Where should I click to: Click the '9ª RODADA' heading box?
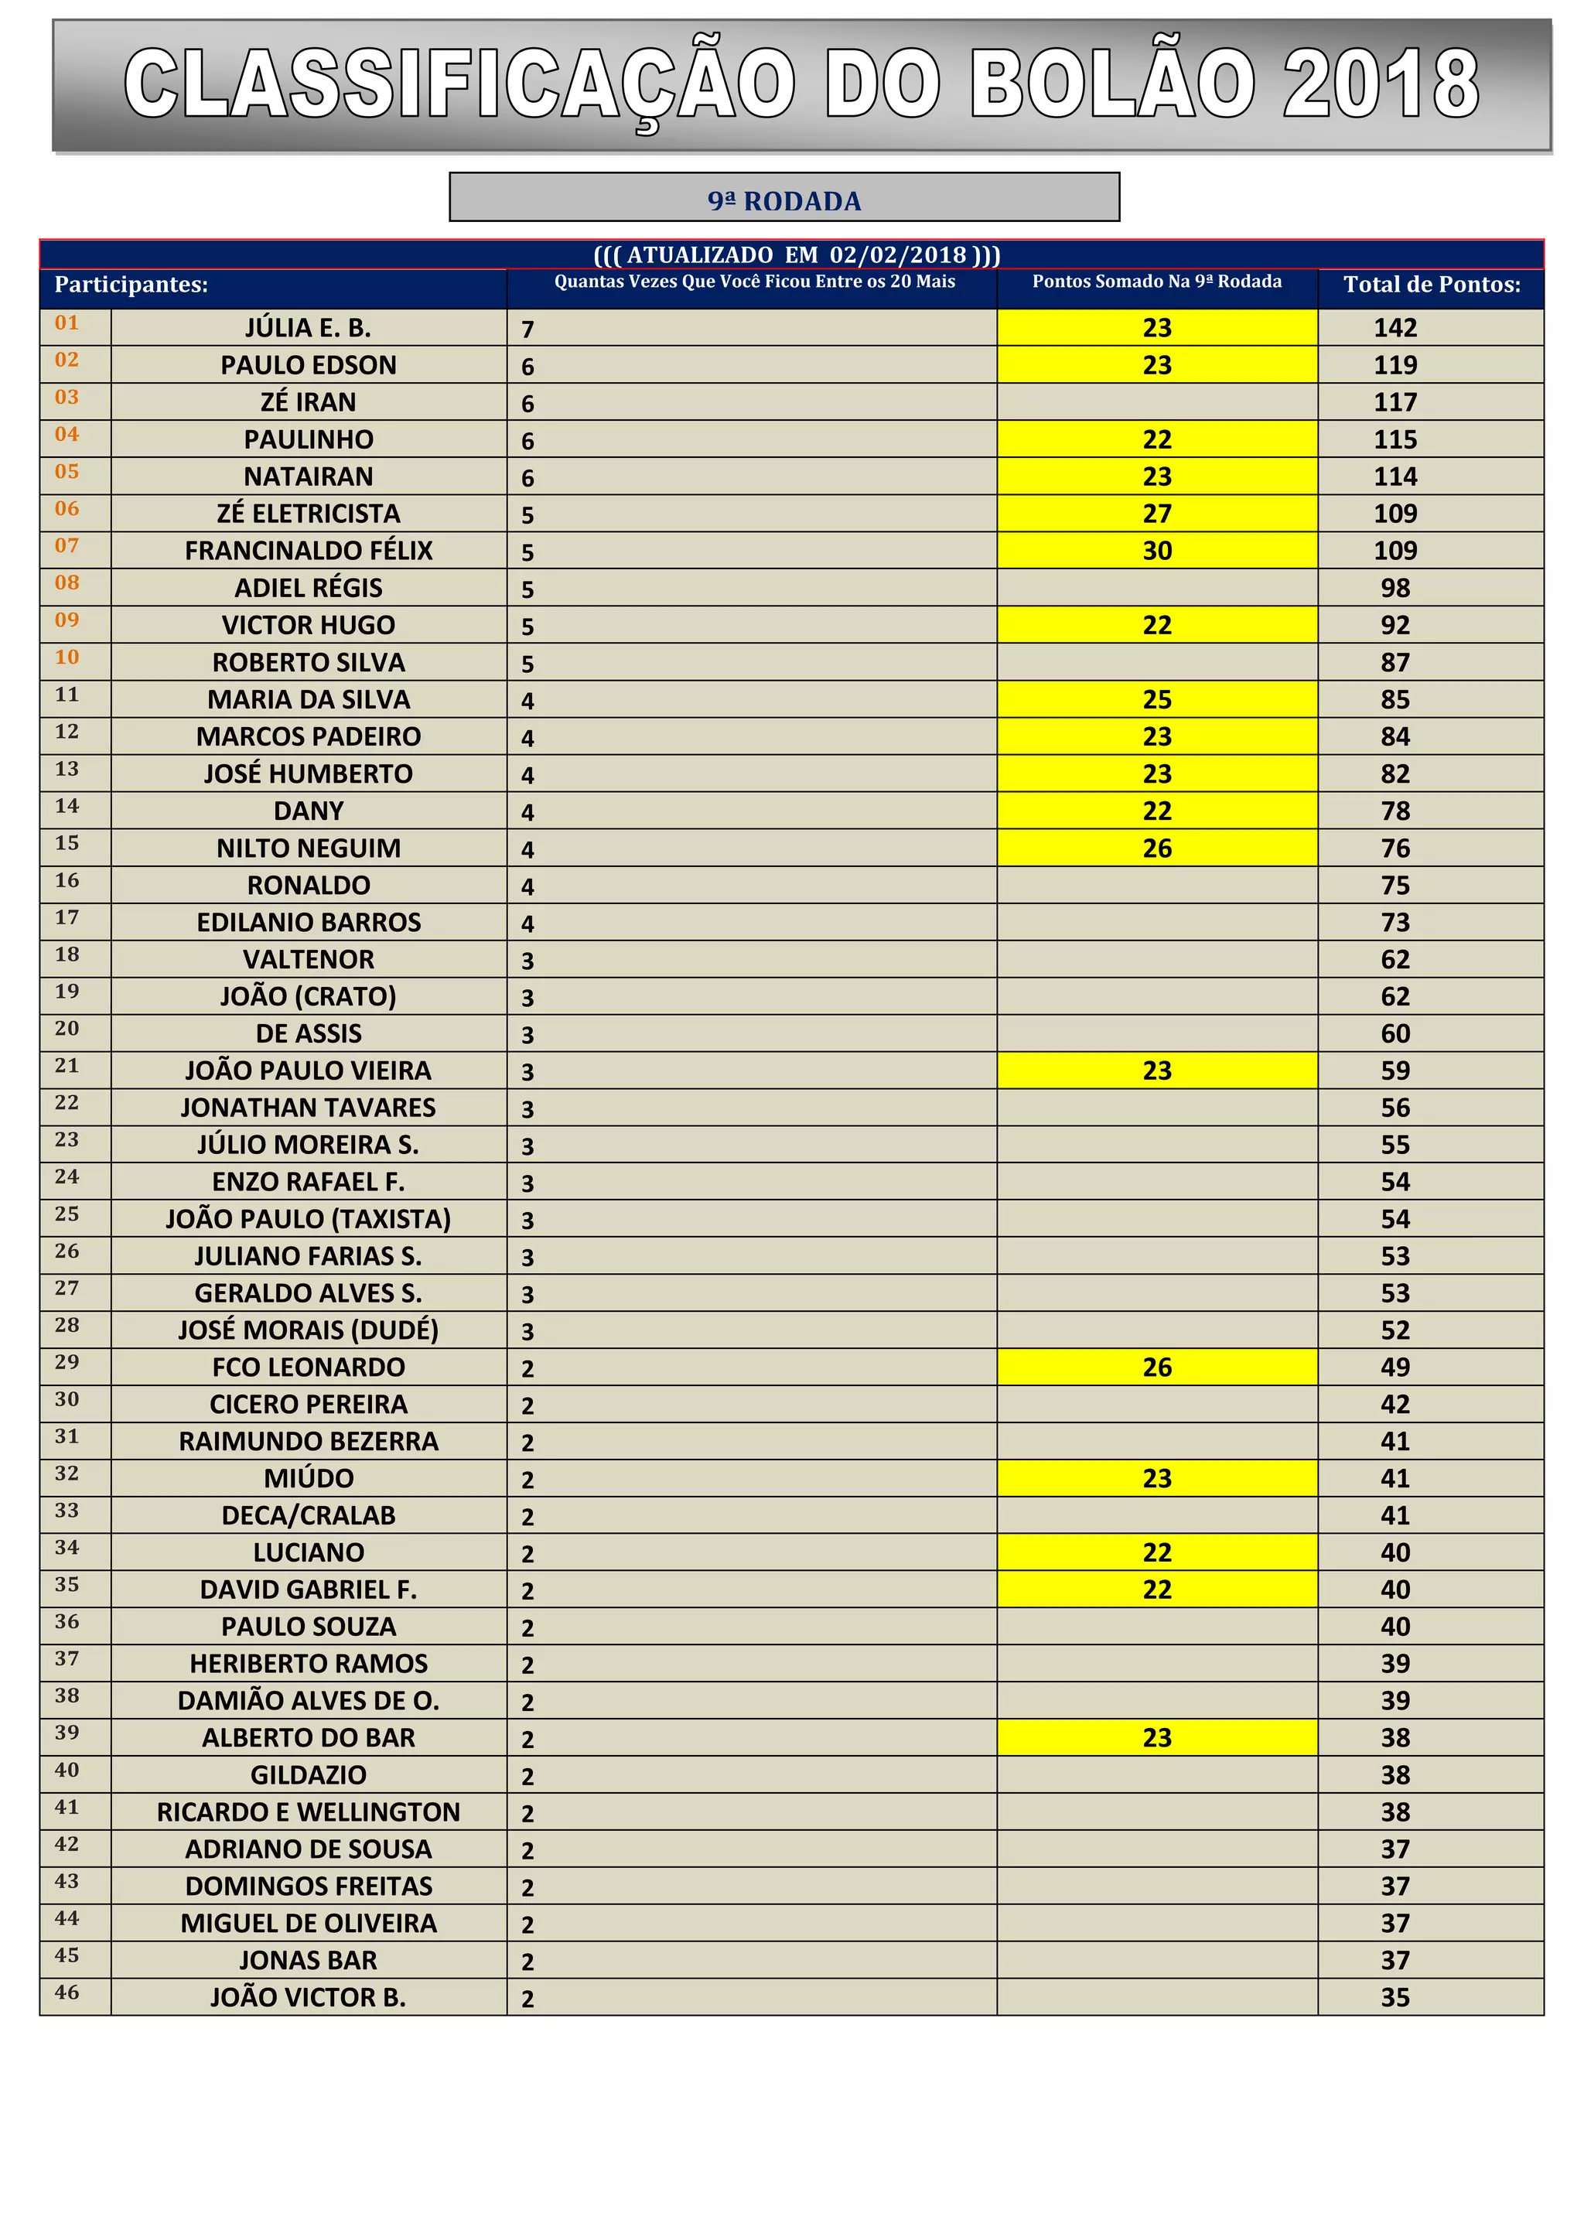(784, 198)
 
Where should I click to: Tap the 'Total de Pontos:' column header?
(1431, 285)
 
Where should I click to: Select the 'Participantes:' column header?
(131, 285)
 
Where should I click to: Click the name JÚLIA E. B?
(309, 328)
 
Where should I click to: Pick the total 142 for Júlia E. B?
(1395, 328)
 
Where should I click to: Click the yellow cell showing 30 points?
(1157, 550)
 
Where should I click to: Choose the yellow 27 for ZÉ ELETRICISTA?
(1157, 513)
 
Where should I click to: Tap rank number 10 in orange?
(67, 657)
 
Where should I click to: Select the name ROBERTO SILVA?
(309, 662)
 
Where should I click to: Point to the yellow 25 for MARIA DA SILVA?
(1157, 699)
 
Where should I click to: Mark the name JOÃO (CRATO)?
(309, 996)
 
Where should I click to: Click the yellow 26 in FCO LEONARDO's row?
(1157, 1367)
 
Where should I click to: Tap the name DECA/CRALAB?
(309, 1515)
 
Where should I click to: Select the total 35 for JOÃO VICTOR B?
(1395, 1997)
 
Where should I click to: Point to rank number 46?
(67, 1992)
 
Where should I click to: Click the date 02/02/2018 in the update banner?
(897, 254)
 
